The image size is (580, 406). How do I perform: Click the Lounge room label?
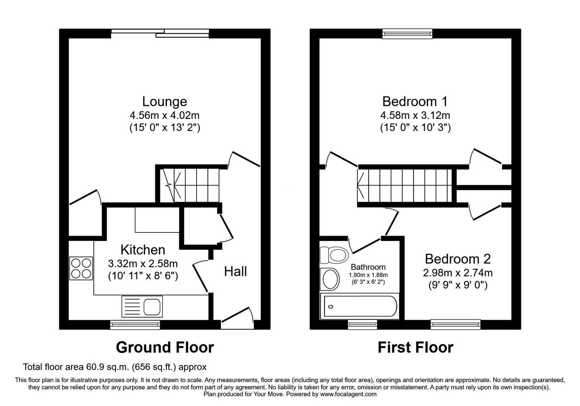164,101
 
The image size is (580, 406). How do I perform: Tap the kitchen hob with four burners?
81,268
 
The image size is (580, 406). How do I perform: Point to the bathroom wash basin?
330,279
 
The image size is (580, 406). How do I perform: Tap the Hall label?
235,271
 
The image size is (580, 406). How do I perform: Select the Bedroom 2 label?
457,259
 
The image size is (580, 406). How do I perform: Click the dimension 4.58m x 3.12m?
415,115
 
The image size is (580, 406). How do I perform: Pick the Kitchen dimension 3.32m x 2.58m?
143,263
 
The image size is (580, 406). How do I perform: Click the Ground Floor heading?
165,347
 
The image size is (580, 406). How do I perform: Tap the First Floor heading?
415,347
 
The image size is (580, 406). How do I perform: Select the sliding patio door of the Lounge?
160,33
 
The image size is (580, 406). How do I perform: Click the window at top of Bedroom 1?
408,34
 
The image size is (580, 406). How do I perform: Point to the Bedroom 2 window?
456,324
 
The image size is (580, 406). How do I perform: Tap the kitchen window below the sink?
135,324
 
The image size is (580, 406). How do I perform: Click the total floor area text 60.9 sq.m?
115,367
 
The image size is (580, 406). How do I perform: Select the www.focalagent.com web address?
348,394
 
